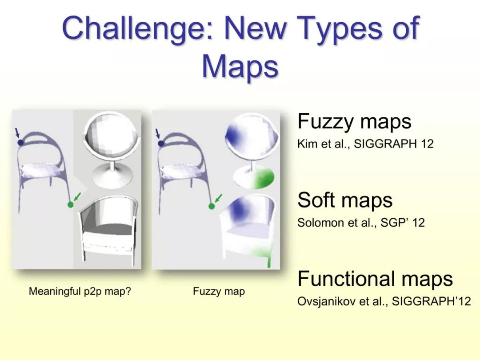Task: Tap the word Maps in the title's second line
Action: coord(240,66)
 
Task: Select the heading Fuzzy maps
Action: coord(354,122)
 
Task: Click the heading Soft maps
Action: coord(345,200)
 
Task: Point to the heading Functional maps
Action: coord(375,279)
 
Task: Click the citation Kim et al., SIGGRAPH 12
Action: coord(365,144)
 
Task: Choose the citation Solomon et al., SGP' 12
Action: coord(361,223)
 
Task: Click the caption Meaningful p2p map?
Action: coord(80,291)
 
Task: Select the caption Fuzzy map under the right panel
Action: coord(219,291)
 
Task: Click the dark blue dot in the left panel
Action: coord(20,142)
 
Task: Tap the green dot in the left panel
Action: coord(70,204)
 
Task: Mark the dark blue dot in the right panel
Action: coord(161,143)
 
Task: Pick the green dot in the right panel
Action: coord(211,206)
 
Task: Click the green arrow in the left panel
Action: coord(78,196)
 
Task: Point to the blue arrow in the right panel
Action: coord(158,134)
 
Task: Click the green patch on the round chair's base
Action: coord(262,179)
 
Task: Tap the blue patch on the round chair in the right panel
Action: coord(234,136)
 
